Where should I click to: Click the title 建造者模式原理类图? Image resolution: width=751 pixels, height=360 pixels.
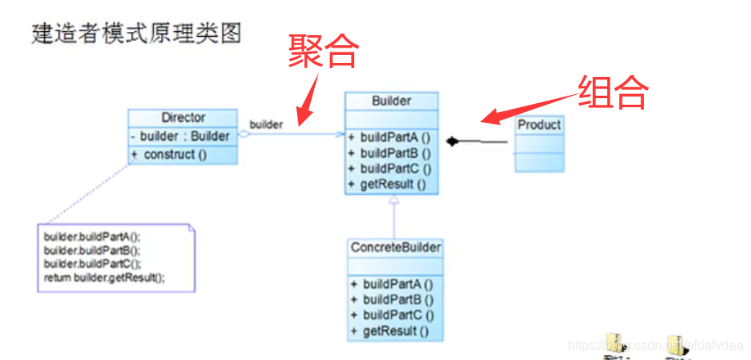coord(136,34)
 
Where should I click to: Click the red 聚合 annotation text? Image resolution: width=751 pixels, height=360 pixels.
coord(323,52)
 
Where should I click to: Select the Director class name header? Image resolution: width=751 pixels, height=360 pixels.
coord(183,118)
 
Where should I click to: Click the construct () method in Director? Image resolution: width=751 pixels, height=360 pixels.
coord(175,154)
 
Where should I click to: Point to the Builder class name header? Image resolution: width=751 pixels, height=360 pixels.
coord(391,101)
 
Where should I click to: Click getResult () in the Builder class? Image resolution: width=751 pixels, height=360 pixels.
coord(388,184)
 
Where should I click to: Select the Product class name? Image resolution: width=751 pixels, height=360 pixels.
coord(539,124)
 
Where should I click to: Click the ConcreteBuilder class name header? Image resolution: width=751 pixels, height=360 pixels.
coord(396,247)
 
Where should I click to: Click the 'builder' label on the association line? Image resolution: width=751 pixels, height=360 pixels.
coord(266,124)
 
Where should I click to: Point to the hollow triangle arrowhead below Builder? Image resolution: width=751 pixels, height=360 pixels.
coord(394,200)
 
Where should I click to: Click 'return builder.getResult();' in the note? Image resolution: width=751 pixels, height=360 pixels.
coord(105,277)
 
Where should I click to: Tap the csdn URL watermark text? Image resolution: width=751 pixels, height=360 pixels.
coord(654,347)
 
